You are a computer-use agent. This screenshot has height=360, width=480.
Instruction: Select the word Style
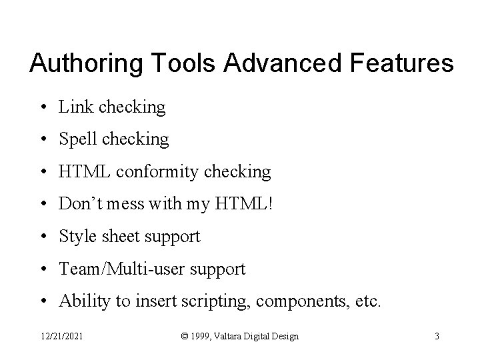pyautogui.click(x=76, y=237)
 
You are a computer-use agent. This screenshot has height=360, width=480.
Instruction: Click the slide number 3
pyautogui.click(x=437, y=337)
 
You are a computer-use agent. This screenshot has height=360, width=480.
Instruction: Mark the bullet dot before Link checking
pyautogui.click(x=43, y=107)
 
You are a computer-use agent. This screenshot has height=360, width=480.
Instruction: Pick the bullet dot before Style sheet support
pyautogui.click(x=43, y=237)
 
